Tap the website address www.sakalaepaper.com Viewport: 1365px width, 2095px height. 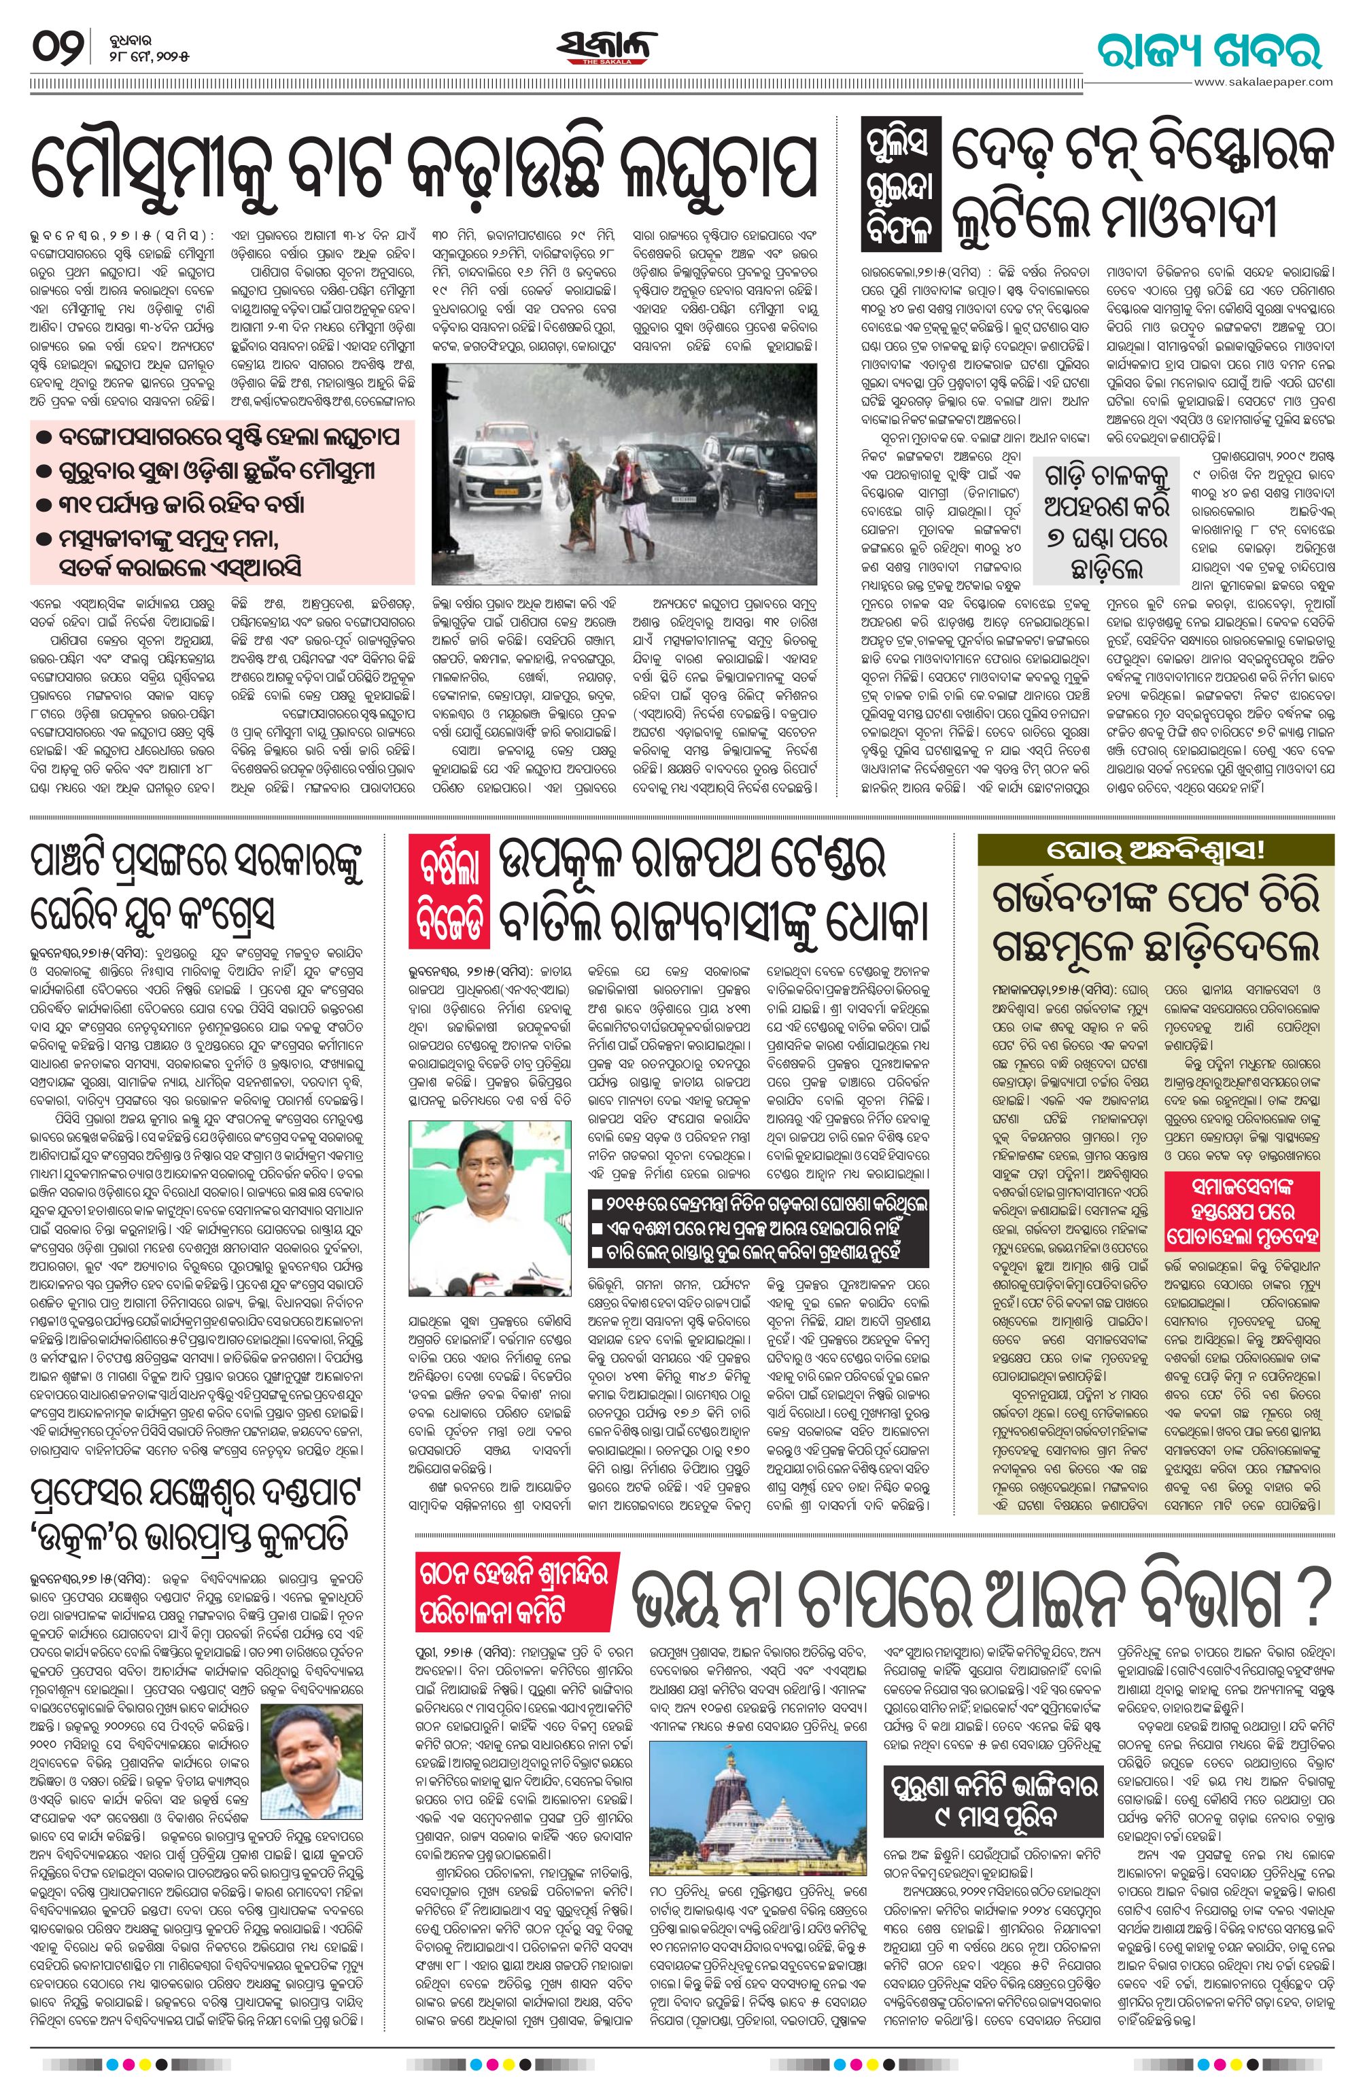point(1263,82)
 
